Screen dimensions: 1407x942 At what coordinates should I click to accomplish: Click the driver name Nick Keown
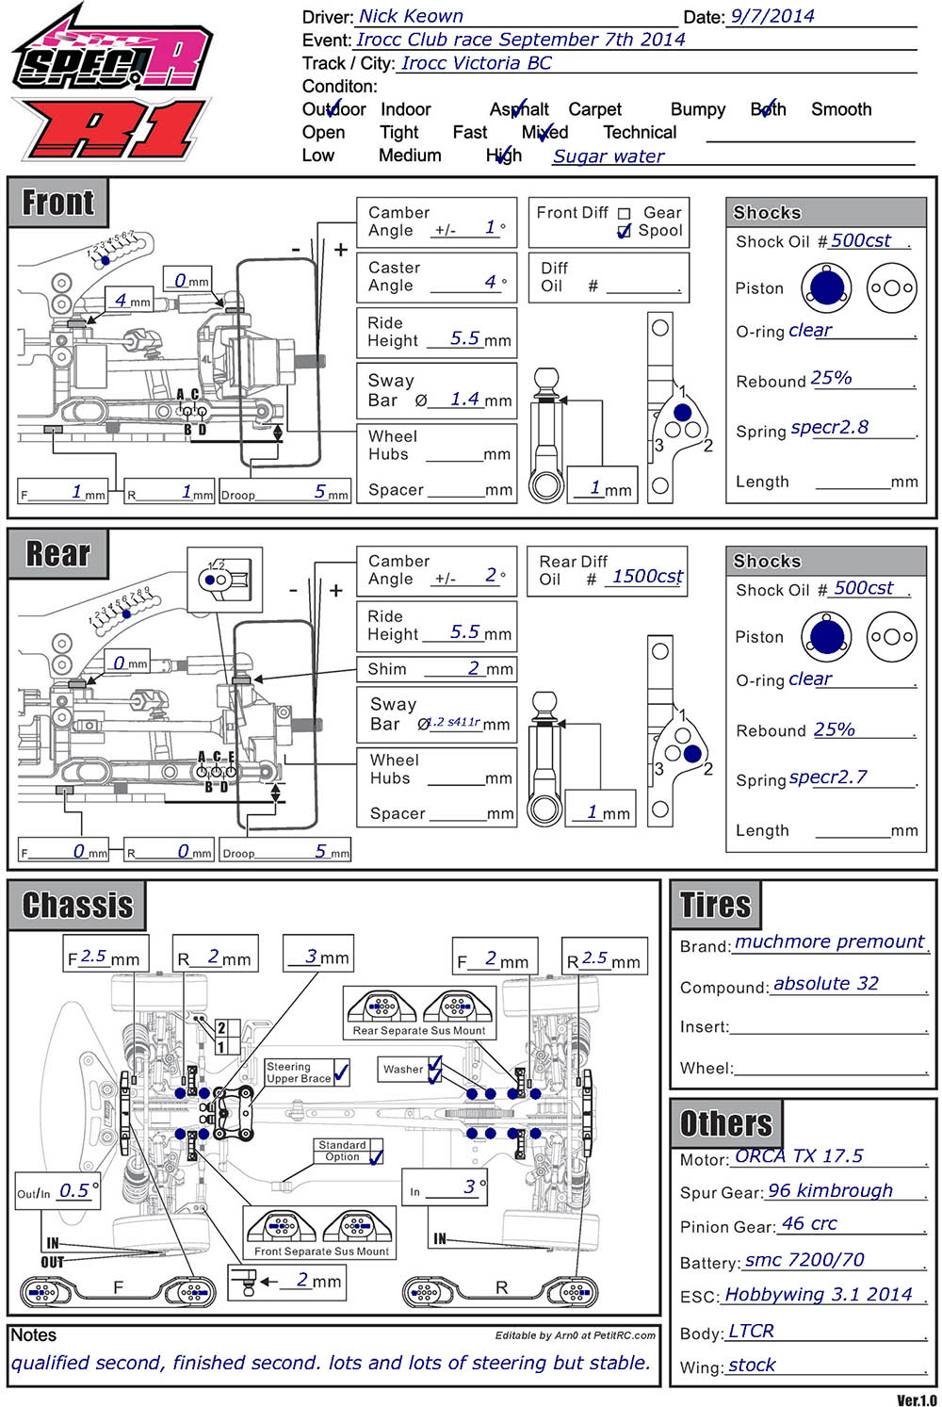[411, 16]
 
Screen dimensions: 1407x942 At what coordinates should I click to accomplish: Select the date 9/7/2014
[771, 16]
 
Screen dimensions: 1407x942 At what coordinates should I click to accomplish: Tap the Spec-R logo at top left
[111, 57]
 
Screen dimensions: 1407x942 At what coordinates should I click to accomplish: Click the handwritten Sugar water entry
[609, 156]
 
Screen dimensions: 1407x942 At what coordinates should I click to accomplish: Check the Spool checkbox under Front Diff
[624, 232]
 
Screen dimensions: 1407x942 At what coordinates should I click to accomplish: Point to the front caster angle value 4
[490, 282]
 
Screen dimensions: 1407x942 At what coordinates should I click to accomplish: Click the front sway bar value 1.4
[464, 399]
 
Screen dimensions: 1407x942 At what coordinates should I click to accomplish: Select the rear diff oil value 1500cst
[647, 577]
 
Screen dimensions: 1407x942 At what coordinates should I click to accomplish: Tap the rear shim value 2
[474, 668]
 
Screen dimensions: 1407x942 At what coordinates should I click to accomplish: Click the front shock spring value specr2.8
[829, 428]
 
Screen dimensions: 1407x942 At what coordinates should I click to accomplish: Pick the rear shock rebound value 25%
[834, 729]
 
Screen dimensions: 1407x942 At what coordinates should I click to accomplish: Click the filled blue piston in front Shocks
[826, 287]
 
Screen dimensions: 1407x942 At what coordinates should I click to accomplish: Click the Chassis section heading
[77, 906]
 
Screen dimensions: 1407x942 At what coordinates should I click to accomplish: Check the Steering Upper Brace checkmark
[341, 1072]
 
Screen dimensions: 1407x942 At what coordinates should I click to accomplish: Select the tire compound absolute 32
[825, 984]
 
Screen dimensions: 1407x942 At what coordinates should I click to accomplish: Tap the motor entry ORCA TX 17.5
[798, 1156]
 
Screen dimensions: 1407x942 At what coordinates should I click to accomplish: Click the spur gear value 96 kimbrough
[830, 1191]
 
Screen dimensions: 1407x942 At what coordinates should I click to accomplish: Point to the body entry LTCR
[751, 1332]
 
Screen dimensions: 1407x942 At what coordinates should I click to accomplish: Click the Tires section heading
[715, 906]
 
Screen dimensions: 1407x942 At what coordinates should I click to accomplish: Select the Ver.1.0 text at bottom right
[917, 1400]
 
